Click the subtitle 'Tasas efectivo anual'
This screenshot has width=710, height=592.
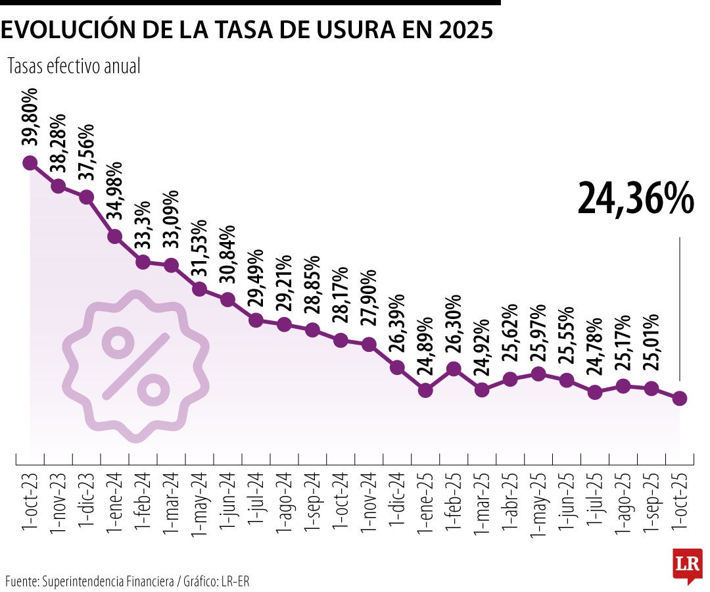[x=74, y=66]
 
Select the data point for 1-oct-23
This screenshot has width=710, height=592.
[x=30, y=163]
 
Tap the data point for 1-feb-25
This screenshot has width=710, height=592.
[x=454, y=369]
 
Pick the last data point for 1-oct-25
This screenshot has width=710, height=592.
[x=680, y=398]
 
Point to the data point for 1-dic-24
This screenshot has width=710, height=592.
[x=397, y=367]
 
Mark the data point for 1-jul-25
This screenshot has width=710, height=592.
[x=595, y=393]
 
